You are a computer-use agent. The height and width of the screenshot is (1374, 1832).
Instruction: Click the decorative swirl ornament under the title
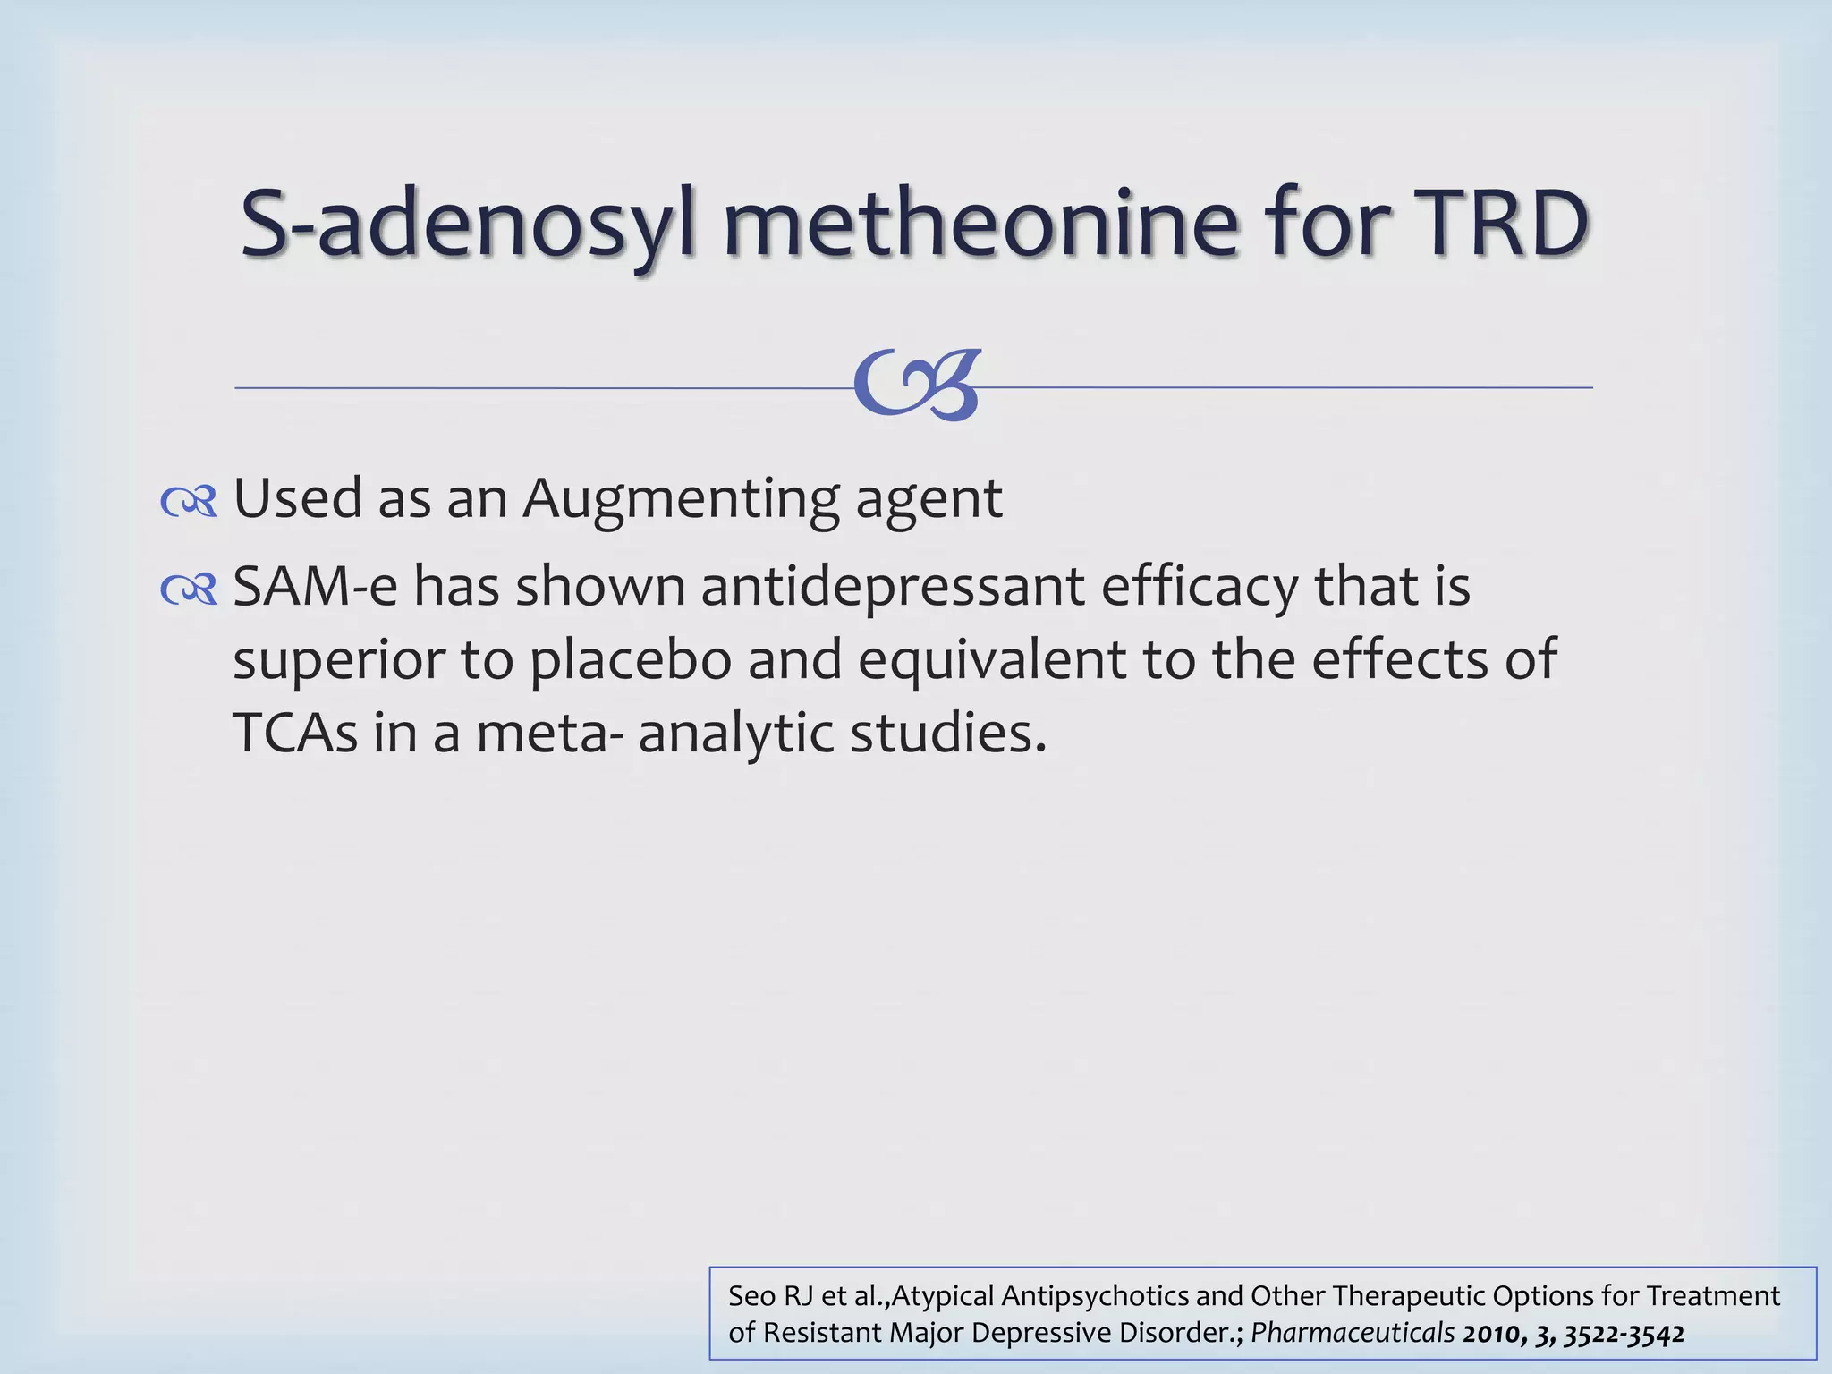[916, 386]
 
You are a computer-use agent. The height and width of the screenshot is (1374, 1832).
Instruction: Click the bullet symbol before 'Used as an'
[189, 503]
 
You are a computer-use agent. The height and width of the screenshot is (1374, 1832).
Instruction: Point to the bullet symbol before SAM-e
[189, 590]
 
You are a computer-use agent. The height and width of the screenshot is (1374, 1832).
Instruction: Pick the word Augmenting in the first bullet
[680, 499]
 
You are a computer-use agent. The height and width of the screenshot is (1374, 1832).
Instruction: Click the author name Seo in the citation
[752, 1296]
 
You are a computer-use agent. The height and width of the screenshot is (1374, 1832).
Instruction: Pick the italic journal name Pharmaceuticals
[1352, 1333]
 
